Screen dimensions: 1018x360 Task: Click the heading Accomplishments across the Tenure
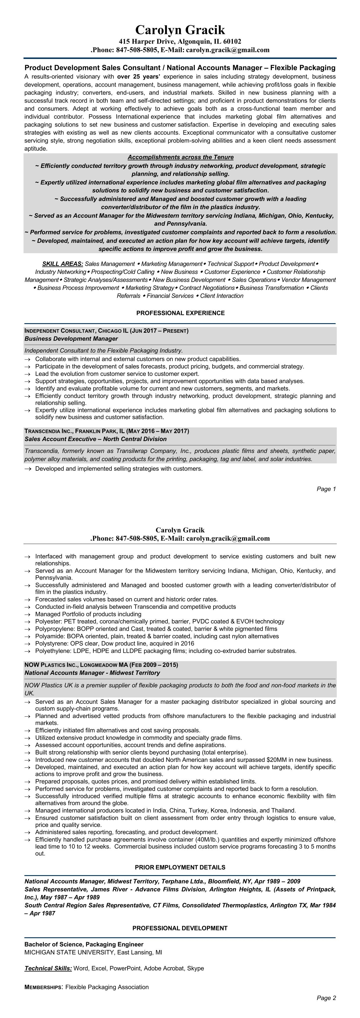coord(180,157)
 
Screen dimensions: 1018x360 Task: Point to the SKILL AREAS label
coord(62,264)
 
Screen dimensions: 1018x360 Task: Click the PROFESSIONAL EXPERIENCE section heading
coord(180,313)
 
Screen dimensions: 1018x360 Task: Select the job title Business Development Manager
coord(71,339)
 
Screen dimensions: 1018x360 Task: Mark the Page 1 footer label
coord(326,489)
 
